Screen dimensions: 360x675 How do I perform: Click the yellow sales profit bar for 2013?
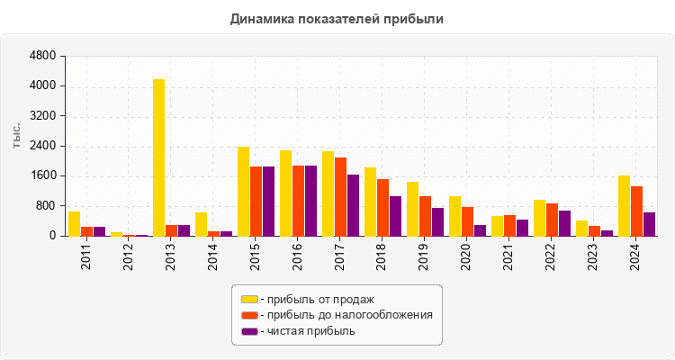click(158, 157)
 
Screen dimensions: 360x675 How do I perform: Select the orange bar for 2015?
click(256, 201)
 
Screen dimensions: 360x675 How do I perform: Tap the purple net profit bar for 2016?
click(310, 201)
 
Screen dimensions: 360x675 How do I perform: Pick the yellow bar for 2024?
click(624, 205)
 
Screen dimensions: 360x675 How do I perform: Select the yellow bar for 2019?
click(412, 209)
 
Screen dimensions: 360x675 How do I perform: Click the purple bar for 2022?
click(564, 223)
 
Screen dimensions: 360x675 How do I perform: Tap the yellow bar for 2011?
click(74, 223)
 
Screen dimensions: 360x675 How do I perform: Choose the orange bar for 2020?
click(468, 221)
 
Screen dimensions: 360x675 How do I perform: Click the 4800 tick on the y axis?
click(43, 56)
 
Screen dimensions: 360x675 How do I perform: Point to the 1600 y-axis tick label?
click(43, 175)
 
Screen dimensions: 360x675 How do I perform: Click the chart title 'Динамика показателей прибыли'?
click(337, 18)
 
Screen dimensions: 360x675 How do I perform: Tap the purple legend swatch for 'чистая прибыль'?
click(249, 331)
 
